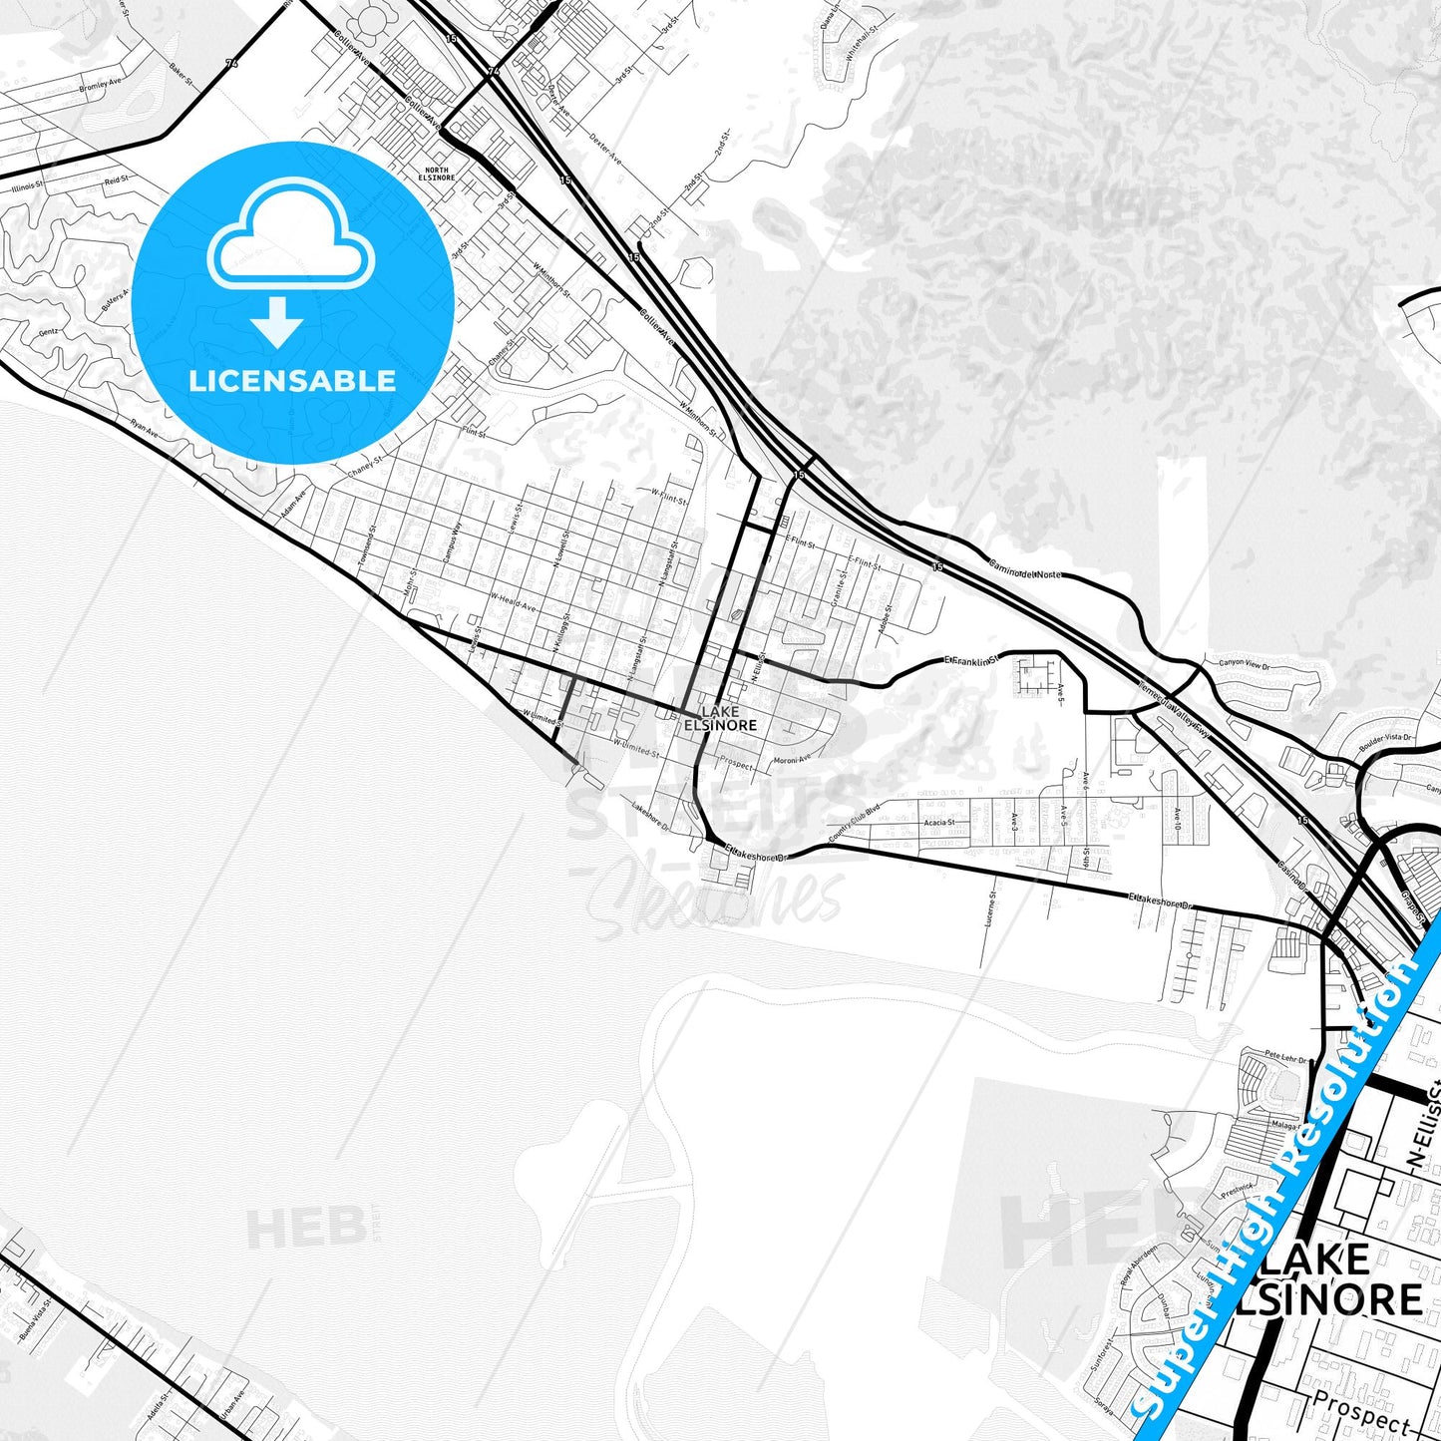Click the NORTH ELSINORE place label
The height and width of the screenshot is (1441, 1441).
439,174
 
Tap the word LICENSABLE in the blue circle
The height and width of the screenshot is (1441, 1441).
292,381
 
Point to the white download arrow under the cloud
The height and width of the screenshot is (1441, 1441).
277,322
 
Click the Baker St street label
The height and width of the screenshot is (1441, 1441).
180,72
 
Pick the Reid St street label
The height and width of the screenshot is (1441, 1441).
117,180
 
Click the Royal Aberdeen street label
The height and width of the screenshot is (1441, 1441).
1137,1267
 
